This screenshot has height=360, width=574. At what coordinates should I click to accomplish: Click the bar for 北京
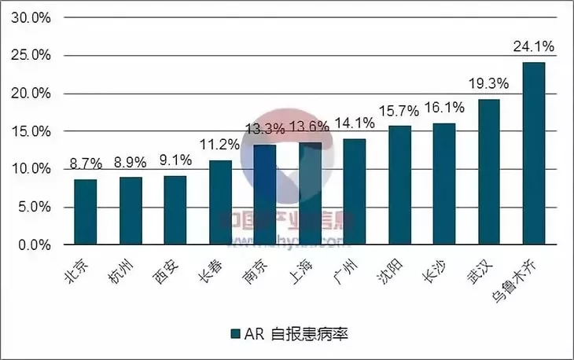point(85,212)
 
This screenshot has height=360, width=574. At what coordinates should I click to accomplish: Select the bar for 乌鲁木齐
point(533,153)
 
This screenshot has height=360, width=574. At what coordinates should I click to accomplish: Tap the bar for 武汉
point(488,172)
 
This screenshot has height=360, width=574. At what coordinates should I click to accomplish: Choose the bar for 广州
point(354,192)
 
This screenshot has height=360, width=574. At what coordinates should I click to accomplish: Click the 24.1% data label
point(533,46)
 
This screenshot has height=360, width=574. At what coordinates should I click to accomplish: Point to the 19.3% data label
point(488,83)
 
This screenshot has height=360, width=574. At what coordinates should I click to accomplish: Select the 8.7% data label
point(85,164)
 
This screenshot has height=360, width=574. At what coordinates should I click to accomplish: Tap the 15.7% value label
point(399,111)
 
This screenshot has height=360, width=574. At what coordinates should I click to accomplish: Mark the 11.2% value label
point(220,145)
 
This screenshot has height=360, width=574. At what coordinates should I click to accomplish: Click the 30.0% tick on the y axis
point(31,18)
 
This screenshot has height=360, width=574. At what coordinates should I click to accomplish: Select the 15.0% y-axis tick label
point(31,131)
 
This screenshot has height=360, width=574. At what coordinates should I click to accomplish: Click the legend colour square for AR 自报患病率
point(234,334)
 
